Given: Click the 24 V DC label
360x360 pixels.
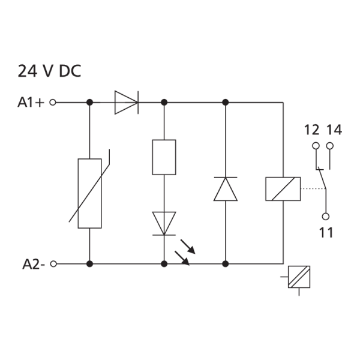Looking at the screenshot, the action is (49, 71).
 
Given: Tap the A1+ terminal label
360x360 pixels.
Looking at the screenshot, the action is (31, 102).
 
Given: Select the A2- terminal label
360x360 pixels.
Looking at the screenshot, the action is (34, 264).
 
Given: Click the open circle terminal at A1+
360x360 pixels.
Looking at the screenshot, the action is (53, 103).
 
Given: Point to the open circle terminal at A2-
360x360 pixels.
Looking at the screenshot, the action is (53, 264).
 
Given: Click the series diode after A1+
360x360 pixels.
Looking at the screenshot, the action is (127, 103).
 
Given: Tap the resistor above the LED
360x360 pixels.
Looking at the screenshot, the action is (164, 157).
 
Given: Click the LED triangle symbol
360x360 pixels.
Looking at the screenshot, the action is (164, 224).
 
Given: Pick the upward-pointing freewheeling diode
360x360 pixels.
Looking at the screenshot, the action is (226, 189).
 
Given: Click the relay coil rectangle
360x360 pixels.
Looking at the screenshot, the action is (283, 189).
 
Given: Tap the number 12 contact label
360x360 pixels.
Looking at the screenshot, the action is (311, 130).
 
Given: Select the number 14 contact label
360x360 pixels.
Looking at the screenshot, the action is (334, 130).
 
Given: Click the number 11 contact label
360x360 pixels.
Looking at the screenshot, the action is (326, 233).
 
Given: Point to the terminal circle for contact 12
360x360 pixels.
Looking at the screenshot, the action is (316, 146).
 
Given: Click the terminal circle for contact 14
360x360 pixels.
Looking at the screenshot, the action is (330, 146).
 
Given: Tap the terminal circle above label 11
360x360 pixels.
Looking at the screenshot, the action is (326, 216).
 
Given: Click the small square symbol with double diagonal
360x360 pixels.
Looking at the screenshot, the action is (299, 277).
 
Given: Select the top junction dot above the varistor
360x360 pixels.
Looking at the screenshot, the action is (89, 103).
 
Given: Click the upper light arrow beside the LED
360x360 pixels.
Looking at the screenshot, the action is (188, 247).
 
